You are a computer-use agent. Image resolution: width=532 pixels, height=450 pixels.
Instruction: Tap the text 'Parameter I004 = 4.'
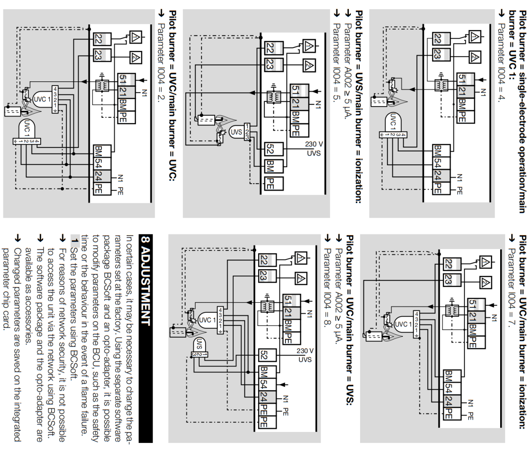(501, 63)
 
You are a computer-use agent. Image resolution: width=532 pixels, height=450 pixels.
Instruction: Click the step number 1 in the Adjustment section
(75, 241)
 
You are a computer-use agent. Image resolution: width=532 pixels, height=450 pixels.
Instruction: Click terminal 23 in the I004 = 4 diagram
(437, 54)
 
